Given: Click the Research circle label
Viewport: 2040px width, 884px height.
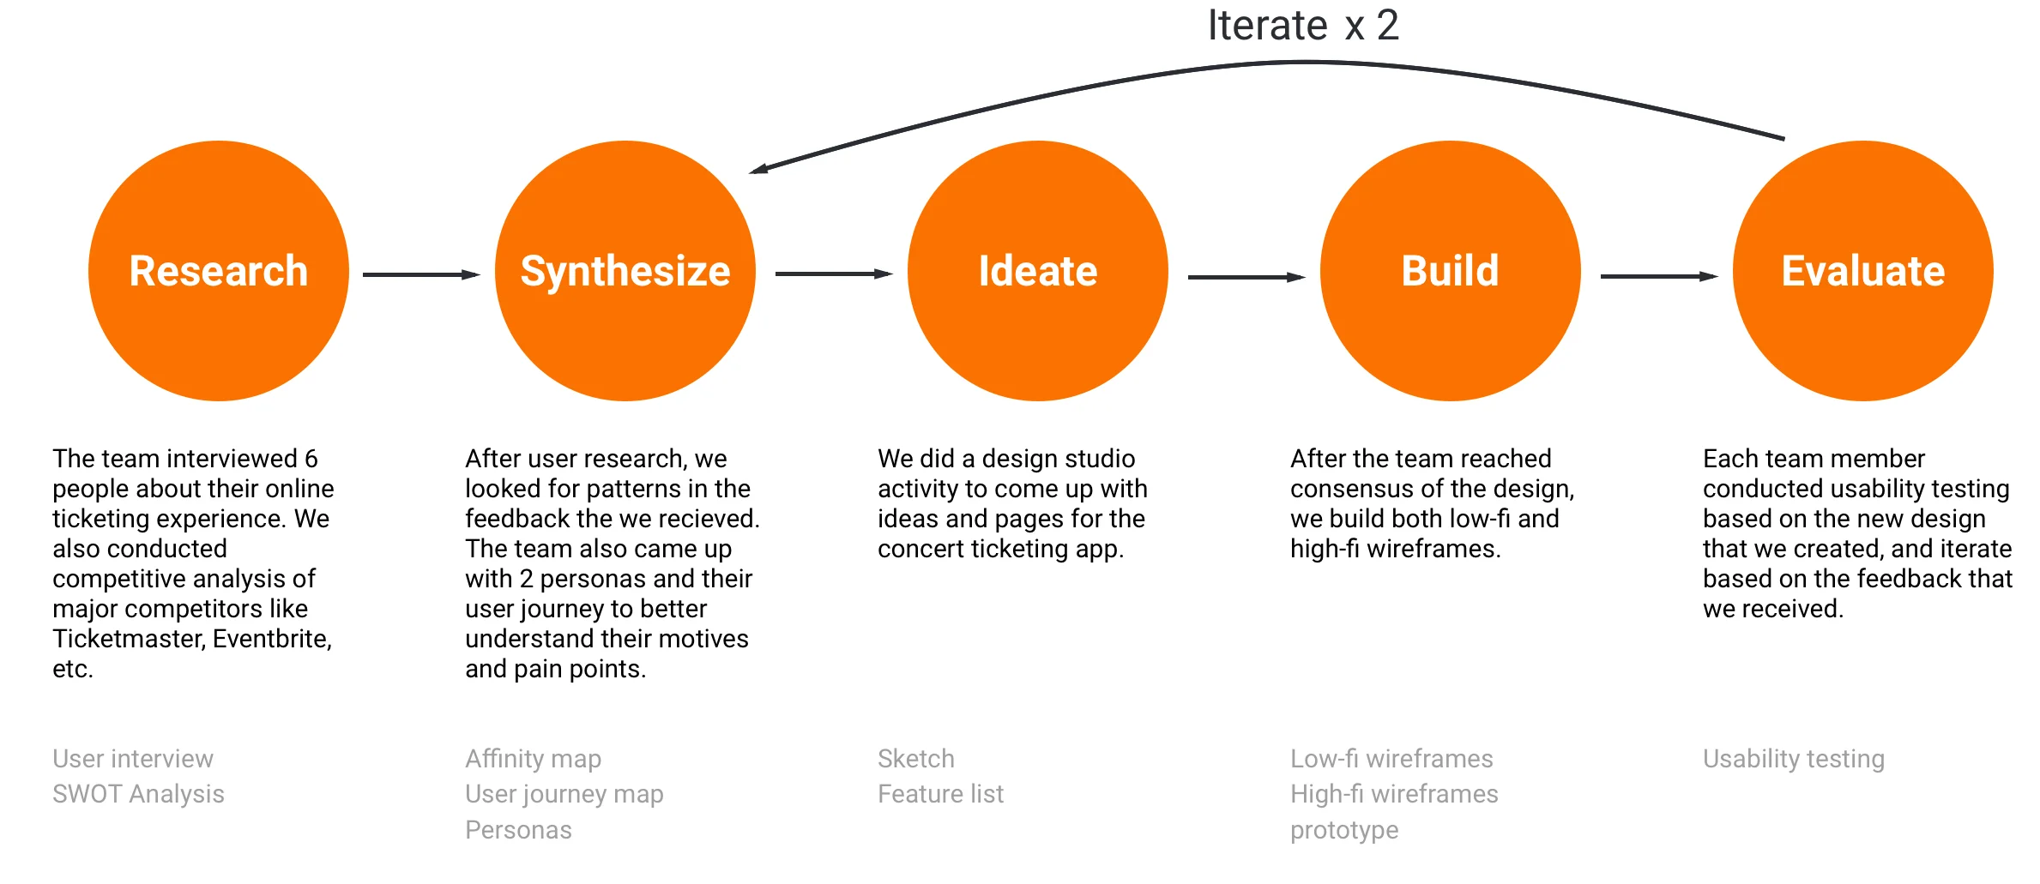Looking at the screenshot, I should pyautogui.click(x=218, y=271).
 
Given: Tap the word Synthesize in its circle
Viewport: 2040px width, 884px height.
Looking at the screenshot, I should pyautogui.click(x=625, y=271).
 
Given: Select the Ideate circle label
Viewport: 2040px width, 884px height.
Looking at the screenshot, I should pyautogui.click(x=1038, y=271).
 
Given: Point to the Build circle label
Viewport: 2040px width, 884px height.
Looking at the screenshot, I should pyautogui.click(x=1450, y=271).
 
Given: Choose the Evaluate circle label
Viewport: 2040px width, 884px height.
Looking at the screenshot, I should pyautogui.click(x=1862, y=271).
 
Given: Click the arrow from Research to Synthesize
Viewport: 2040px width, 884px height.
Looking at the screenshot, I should pyautogui.click(x=420, y=274).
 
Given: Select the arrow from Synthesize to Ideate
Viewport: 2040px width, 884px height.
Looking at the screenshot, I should pyautogui.click(x=833, y=274).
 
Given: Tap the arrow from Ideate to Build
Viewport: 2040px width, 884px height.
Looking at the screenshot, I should pyautogui.click(x=1246, y=277).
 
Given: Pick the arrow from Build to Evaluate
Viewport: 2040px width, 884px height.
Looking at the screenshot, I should pyautogui.click(x=1658, y=276).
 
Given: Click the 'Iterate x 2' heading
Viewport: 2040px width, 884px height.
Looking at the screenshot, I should pyautogui.click(x=1303, y=26).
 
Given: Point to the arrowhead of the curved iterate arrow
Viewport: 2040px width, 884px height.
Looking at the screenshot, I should pyautogui.click(x=759, y=169).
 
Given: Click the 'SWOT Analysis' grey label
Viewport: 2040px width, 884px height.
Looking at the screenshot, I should pyautogui.click(x=138, y=794).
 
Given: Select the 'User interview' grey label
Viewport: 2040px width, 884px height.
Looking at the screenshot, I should pyautogui.click(x=133, y=759).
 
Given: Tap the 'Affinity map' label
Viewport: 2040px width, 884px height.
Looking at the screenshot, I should pyautogui.click(x=533, y=759).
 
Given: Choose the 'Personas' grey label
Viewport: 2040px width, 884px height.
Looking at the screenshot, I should pyautogui.click(x=518, y=830).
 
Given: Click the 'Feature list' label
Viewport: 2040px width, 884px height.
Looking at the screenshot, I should pyautogui.click(x=940, y=794).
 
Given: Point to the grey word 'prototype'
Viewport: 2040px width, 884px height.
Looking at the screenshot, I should pyautogui.click(x=1344, y=830).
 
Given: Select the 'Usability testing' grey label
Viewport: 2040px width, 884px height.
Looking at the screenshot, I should pyautogui.click(x=1793, y=759).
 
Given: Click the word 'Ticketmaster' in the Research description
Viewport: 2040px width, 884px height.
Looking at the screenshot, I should pyautogui.click(x=129, y=639).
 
